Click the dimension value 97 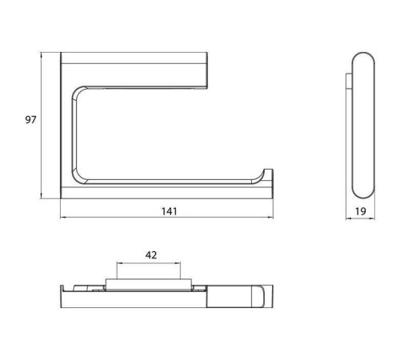[30, 120]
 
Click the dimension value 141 [170, 211]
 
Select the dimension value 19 [361, 211]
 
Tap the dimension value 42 [151, 255]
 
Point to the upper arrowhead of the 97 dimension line [41, 54]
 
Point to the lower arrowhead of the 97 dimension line [41, 196]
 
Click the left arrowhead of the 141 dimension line [63, 218]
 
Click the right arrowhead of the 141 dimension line [270, 218]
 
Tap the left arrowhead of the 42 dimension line [119, 263]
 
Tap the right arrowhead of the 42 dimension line [178, 263]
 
